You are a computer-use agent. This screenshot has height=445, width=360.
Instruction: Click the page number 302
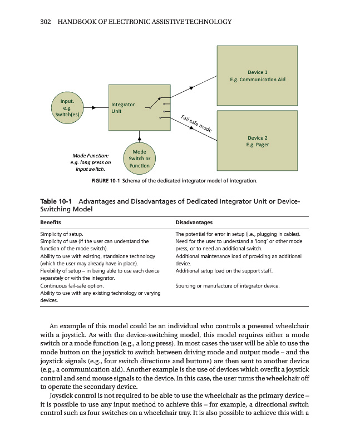click(x=47, y=22)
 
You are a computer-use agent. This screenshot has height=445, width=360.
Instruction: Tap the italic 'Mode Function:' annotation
click(x=90, y=155)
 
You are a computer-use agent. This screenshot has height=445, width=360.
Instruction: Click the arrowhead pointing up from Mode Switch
click(x=139, y=139)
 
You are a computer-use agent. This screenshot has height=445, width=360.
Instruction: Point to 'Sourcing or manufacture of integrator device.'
click(x=227, y=285)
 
